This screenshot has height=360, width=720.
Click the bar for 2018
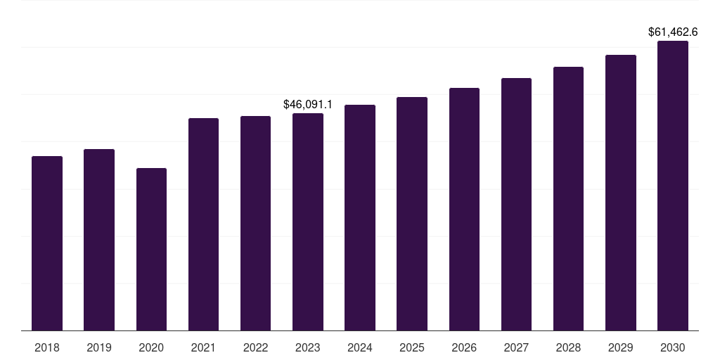tap(47, 243)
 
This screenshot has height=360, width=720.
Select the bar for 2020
tap(151, 249)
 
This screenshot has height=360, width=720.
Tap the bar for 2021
tap(203, 224)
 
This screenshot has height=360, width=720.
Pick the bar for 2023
tap(308, 221)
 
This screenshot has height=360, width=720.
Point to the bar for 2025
tap(412, 214)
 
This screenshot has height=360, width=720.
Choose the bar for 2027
tap(516, 204)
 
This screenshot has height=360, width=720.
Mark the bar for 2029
tap(621, 193)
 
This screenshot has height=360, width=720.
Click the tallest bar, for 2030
tap(673, 186)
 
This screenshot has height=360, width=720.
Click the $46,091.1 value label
tap(308, 104)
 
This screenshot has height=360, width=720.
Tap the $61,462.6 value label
tap(673, 32)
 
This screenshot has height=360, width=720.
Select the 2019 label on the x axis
tap(99, 347)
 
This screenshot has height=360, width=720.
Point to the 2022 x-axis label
tap(255, 347)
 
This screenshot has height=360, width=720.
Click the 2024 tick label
tap(360, 347)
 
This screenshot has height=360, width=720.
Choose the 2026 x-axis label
tap(464, 347)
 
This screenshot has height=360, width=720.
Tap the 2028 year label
tap(568, 347)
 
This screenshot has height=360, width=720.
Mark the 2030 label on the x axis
tap(673, 347)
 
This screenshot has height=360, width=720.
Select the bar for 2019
tap(99, 240)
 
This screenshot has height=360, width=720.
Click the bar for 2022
tap(255, 223)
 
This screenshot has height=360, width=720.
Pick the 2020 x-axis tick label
tap(151, 347)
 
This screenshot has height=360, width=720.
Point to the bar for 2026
tap(464, 209)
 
